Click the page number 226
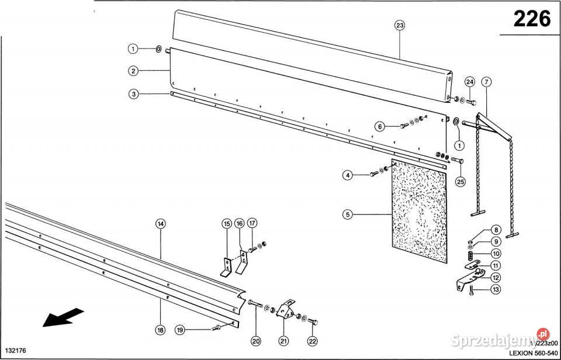(531, 19)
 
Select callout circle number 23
(400, 25)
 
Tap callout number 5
(348, 215)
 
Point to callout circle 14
(160, 223)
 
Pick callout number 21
(283, 341)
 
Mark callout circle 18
(160, 330)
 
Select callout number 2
(134, 71)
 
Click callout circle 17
(252, 223)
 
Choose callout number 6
(380, 126)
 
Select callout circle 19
(181, 330)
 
